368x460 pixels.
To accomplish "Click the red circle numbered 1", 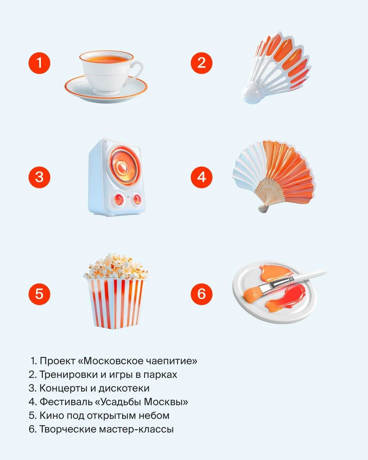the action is click(x=39, y=63).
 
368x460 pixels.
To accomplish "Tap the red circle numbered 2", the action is click(x=202, y=63).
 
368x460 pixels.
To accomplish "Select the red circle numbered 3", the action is click(x=39, y=177).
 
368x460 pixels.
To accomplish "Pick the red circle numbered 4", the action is click(x=202, y=177).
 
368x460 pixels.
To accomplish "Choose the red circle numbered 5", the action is click(x=39, y=294).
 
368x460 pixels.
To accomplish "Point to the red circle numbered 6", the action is click(x=202, y=294).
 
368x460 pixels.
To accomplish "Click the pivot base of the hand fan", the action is click(x=263, y=208).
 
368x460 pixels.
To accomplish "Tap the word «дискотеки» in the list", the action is click(x=124, y=388).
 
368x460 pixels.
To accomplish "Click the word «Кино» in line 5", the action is click(x=51, y=415).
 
